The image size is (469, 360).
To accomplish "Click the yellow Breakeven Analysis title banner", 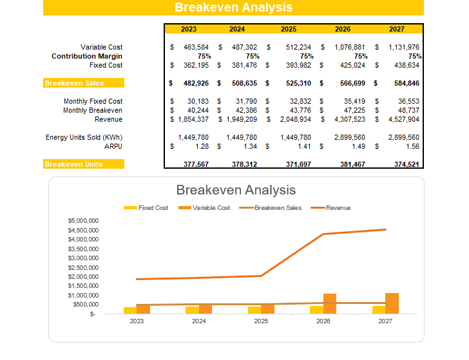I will [233, 8].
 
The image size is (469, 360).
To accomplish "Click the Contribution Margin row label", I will [87, 56].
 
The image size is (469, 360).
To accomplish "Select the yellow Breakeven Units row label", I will [83, 164].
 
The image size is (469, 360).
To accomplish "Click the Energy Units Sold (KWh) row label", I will [84, 137].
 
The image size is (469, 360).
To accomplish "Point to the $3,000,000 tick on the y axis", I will [83, 258].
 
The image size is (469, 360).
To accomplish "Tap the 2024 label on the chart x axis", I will [198, 321].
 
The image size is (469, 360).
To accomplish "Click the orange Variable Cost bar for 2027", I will [392, 303].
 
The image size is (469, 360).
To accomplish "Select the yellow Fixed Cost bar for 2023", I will [130, 310].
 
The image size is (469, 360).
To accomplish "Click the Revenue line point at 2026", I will [323, 234].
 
